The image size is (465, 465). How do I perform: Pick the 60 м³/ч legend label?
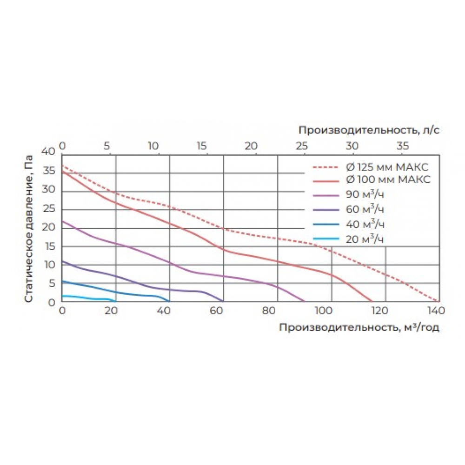coord(365,208)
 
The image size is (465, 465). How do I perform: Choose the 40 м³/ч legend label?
coord(365,224)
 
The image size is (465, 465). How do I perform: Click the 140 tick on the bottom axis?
coord(436,311)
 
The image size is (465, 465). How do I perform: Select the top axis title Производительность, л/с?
coord(369,130)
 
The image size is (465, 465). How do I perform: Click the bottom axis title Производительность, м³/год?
coord(359,327)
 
